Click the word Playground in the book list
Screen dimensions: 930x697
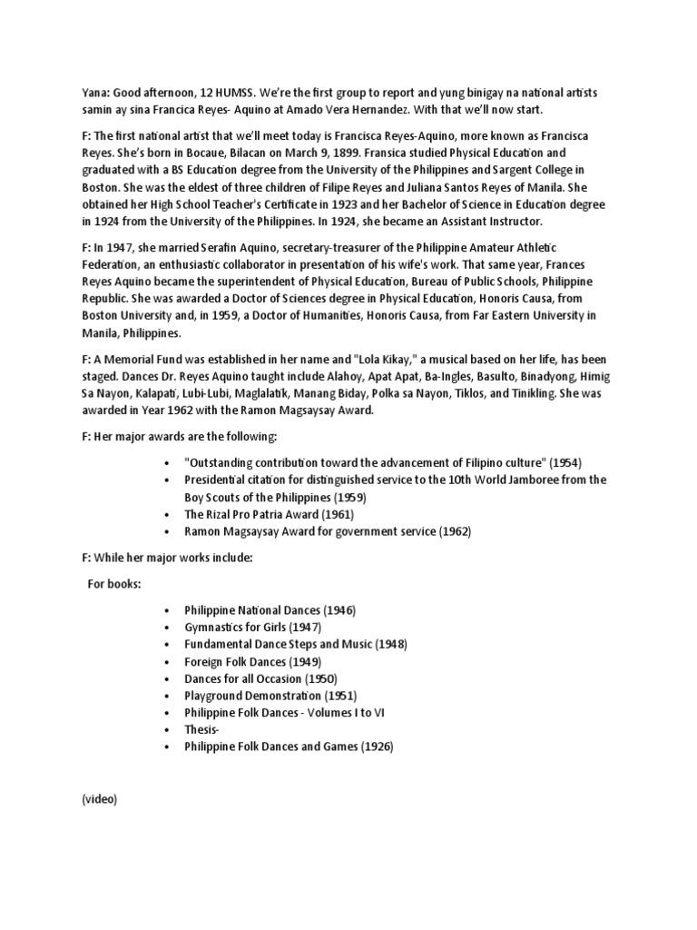(x=214, y=696)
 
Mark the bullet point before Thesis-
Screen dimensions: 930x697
(x=167, y=730)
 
